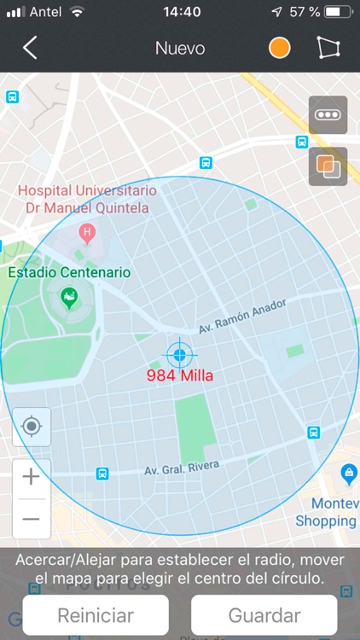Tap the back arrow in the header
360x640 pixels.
coord(30,48)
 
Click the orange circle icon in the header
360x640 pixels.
coord(280,48)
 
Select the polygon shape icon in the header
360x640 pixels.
coord(328,48)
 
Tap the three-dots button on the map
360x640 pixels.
coord(328,115)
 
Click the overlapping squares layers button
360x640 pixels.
coord(328,166)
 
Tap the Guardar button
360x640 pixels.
coord(264,615)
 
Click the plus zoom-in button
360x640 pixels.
coord(32,477)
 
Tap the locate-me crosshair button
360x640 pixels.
coord(32,426)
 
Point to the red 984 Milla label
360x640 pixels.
coord(180,375)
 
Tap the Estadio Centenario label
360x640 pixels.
coord(69,273)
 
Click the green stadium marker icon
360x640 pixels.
coord(69,298)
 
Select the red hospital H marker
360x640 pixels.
coord(86,231)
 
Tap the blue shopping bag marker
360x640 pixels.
coord(348,473)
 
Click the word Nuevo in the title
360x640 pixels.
coord(180,48)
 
